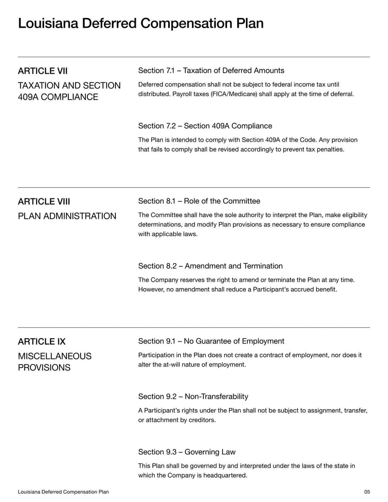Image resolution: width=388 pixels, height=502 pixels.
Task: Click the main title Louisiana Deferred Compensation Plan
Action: pos(141,23)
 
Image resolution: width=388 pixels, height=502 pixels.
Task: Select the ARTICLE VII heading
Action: pos(43,71)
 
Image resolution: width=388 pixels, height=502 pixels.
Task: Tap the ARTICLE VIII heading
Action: pos(44,202)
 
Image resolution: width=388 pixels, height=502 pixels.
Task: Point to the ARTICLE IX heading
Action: pos(42,342)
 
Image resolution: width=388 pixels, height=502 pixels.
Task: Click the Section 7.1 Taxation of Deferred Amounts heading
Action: pos(211,71)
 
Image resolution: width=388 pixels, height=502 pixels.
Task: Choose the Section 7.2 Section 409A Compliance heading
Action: pos(205,126)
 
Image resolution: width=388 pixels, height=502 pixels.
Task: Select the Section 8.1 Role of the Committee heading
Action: pos(199,201)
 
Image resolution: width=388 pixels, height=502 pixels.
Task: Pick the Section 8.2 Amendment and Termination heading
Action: pos(210,266)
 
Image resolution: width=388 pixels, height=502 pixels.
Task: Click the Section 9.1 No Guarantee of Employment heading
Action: pos(211,341)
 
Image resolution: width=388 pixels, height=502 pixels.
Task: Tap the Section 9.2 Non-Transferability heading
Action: pos(193,397)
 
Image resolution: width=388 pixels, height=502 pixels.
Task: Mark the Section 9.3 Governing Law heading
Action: pos(187,452)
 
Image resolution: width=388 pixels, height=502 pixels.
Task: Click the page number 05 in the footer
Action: pos(367,492)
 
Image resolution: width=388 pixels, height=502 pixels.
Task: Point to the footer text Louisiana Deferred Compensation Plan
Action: pos(63,492)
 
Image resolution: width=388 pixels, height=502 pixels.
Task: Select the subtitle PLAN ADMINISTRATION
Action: pos(67,216)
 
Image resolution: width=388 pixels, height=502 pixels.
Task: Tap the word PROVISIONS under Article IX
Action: pos(44,368)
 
